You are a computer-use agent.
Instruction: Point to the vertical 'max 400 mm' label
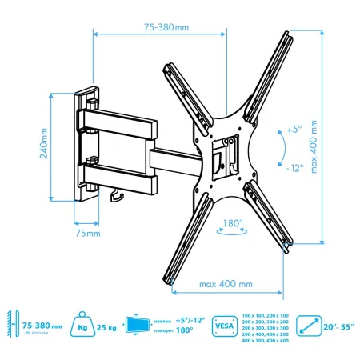[336, 135]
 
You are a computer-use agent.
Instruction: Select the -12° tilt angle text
[294, 168]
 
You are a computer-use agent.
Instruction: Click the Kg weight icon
[82, 326]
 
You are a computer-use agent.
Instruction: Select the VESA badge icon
[225, 326]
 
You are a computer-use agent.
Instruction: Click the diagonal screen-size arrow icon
[308, 326]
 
